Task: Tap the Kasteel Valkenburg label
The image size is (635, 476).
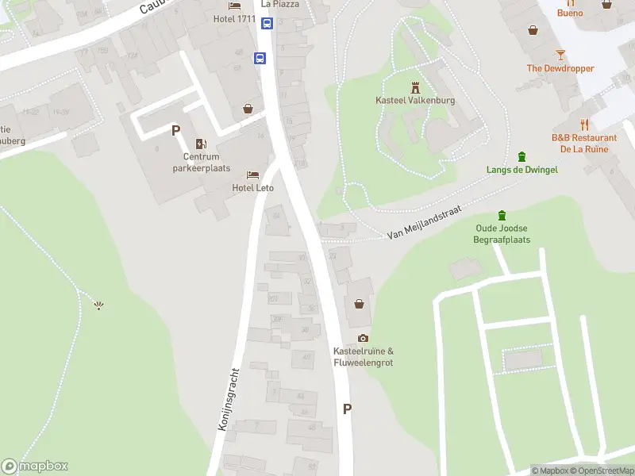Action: pos(414,100)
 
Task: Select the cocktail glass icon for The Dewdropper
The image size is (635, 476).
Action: pos(560,54)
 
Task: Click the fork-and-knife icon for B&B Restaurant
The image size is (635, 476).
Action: pos(584,124)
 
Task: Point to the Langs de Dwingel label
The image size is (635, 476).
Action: pos(522,170)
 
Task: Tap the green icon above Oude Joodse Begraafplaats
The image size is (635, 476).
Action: pos(502,215)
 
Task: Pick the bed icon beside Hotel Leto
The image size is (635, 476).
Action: pos(252,175)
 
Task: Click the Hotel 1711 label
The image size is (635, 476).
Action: pos(235,18)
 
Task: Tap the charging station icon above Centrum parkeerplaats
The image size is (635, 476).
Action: pos(201,144)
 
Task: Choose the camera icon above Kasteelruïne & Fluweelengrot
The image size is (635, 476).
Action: pos(364,339)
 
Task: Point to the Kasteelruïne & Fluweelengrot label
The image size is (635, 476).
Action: pos(364,357)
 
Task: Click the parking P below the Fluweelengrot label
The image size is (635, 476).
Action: pos(347,409)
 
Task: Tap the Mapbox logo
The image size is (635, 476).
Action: pos(34,466)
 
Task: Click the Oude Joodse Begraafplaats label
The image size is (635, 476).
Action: pos(502,234)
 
